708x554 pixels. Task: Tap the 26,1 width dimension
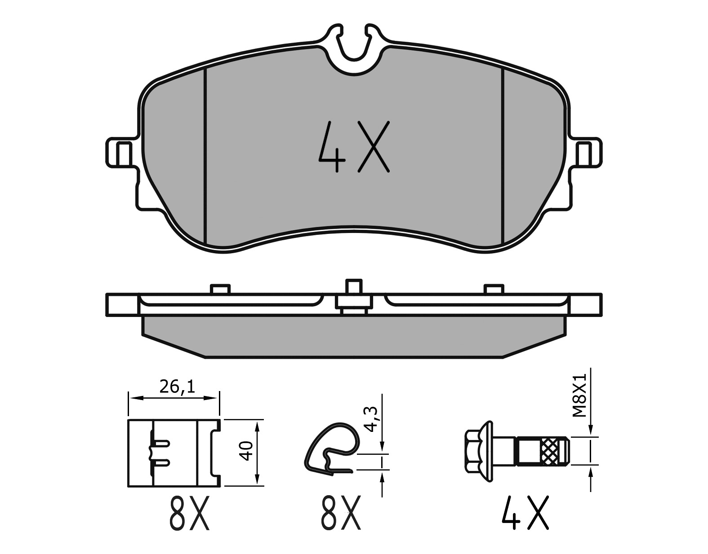point(177,387)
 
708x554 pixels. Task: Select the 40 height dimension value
point(247,451)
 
